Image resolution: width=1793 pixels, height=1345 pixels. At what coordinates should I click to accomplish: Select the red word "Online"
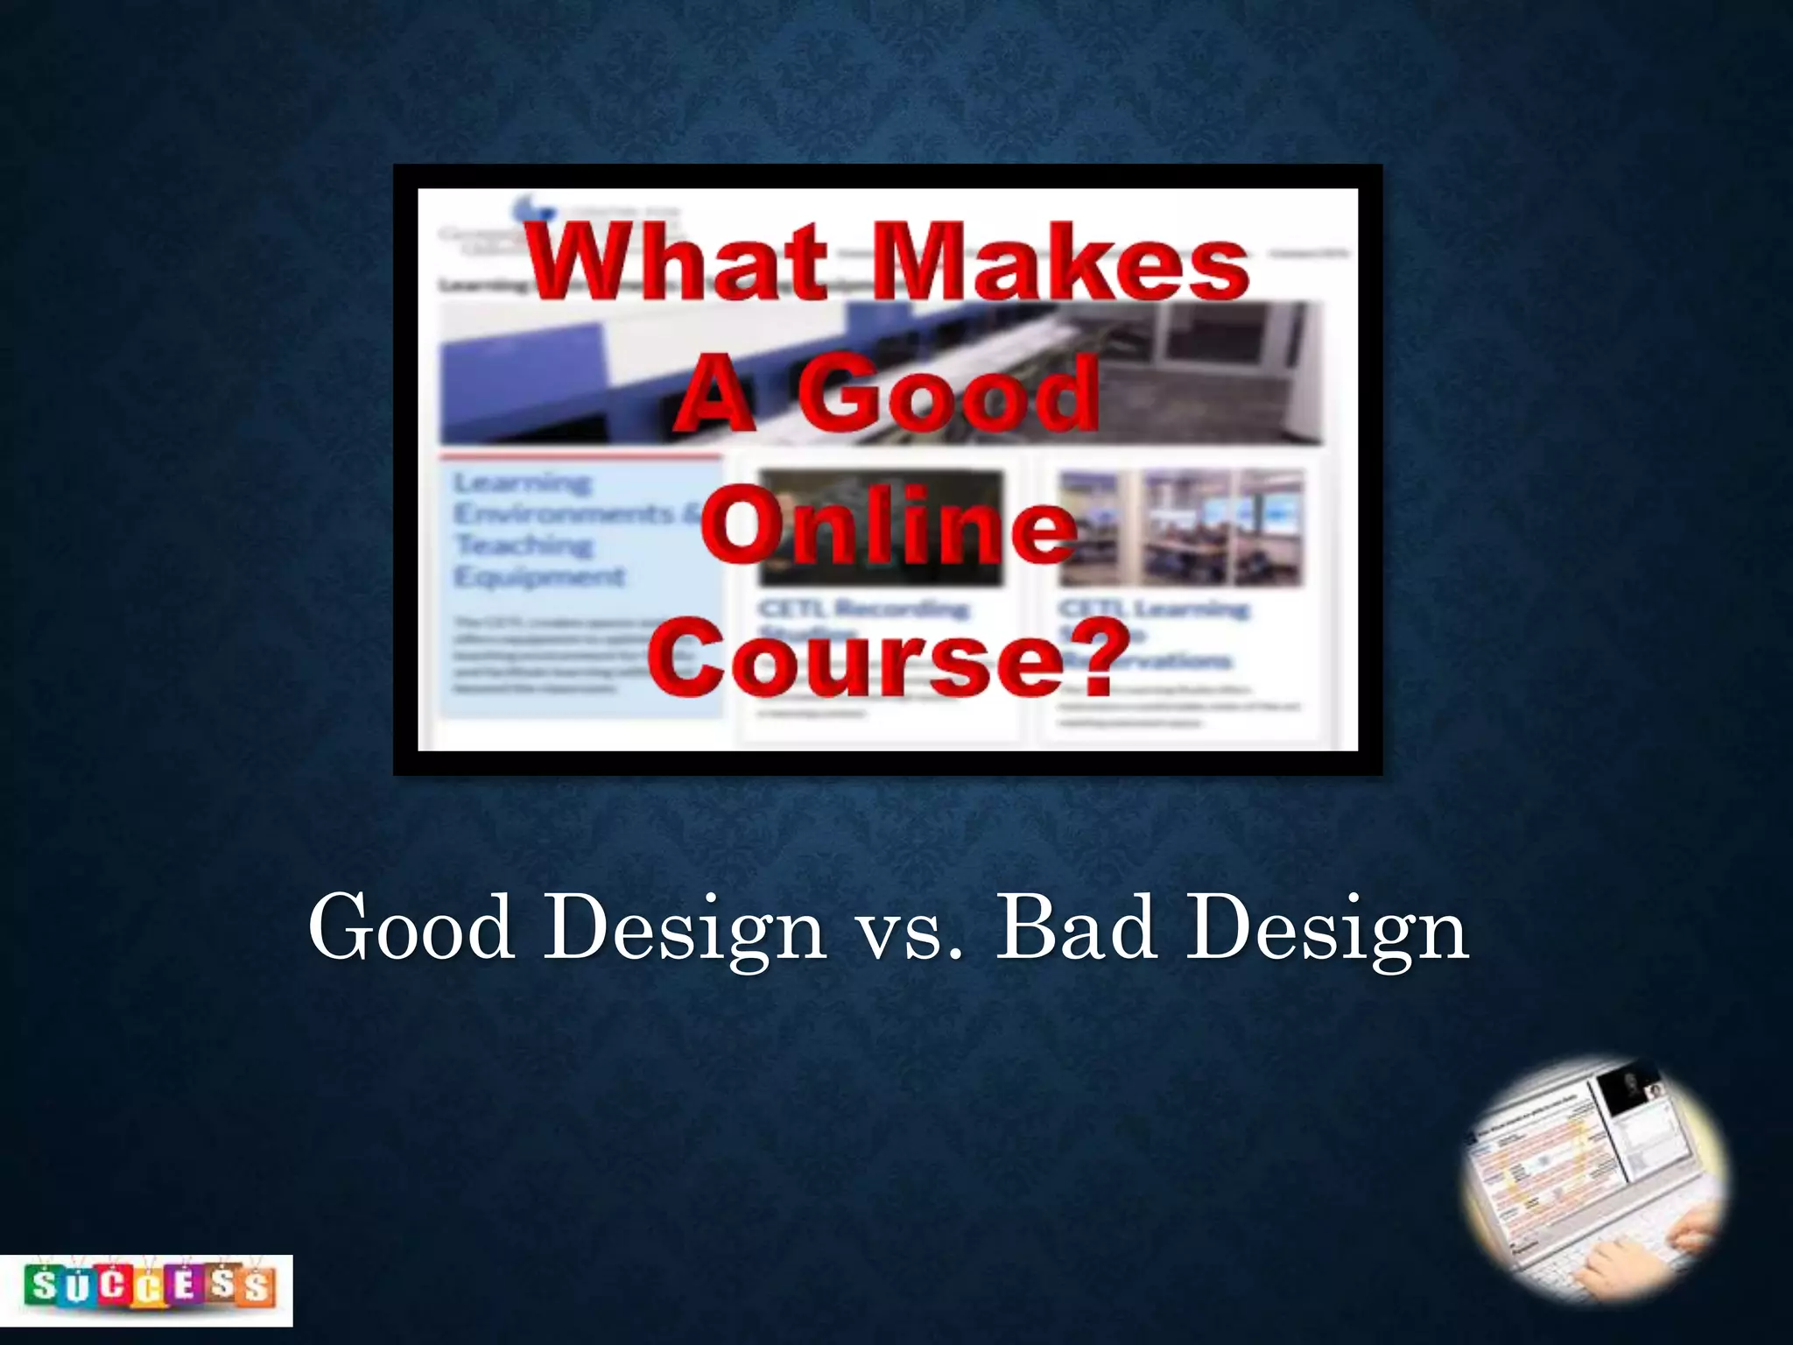coord(889,526)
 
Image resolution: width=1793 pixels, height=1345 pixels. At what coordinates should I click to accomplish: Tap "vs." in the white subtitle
coord(911,932)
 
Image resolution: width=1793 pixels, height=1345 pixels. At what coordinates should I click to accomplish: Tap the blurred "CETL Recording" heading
coord(863,608)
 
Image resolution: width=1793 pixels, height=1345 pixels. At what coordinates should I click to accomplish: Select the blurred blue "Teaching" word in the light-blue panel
coord(524,545)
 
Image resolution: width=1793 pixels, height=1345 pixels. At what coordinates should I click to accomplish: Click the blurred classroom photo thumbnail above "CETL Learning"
coord(1181,527)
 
